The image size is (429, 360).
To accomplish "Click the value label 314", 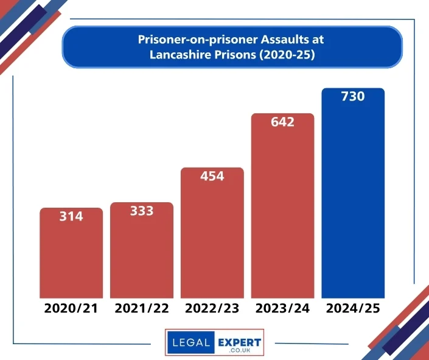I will [71, 216].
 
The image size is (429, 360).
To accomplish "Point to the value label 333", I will [141, 211].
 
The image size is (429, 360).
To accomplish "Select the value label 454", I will [212, 176].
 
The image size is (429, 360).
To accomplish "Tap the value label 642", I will [282, 122].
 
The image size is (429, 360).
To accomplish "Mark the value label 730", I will [353, 96].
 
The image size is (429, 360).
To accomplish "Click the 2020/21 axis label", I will [71, 308].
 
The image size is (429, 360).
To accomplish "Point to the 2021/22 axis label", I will [141, 308].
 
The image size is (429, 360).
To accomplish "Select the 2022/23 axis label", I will [212, 308].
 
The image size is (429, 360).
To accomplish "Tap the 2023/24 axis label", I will [282, 308].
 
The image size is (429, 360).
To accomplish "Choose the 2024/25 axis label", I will [353, 308].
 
